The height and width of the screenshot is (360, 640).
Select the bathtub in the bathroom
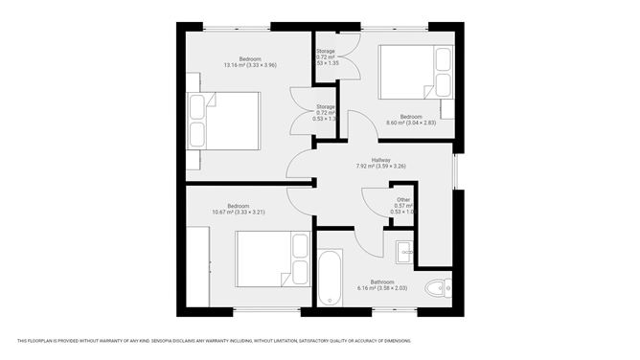331,279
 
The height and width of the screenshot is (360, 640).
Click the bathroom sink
403,251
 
